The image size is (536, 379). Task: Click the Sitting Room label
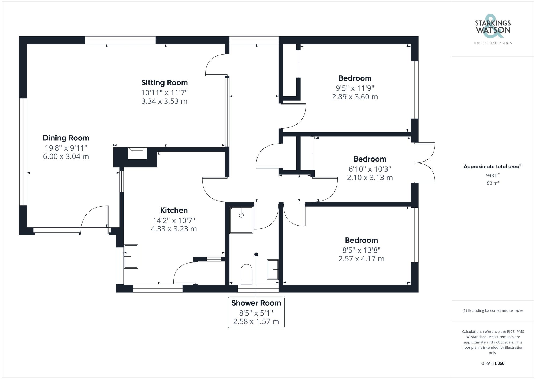pos(164,82)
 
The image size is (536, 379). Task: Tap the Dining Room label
pos(66,138)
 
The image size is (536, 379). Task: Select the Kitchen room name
pos(174,210)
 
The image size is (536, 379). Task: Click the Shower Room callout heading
pos(256,303)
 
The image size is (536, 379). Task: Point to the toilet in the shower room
pos(247,275)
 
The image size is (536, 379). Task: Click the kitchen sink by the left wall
pos(131,256)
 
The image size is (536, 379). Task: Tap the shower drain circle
pos(241,215)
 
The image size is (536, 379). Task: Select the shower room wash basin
pos(273,269)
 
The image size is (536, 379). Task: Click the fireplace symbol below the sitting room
pos(137,153)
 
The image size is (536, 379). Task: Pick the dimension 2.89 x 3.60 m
pos(355,97)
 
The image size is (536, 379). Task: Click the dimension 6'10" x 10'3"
pos(370,169)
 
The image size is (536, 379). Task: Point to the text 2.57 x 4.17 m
pos(361,259)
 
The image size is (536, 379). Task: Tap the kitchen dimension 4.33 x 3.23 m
pos(174,229)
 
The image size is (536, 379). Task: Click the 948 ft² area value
pos(493,175)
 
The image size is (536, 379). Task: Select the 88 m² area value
pos(493,183)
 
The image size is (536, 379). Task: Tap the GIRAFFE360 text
pos(493,363)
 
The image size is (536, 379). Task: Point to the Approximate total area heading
pos(493,166)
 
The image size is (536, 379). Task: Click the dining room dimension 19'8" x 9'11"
pos(66,148)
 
